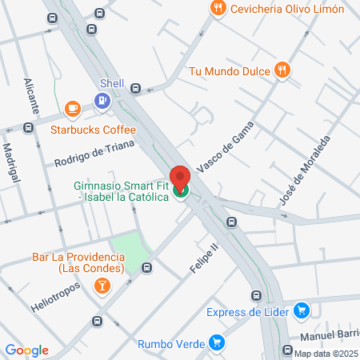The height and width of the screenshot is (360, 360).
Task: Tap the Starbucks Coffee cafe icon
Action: click(73, 107)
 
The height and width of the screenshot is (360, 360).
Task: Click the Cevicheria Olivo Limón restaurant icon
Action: click(217, 8)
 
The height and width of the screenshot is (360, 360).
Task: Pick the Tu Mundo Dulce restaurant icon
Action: click(282, 70)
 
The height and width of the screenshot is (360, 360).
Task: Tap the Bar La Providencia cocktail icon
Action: click(102, 286)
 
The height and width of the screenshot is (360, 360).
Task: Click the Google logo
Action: click(27, 350)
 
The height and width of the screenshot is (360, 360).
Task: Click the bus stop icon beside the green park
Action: click(146, 267)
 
